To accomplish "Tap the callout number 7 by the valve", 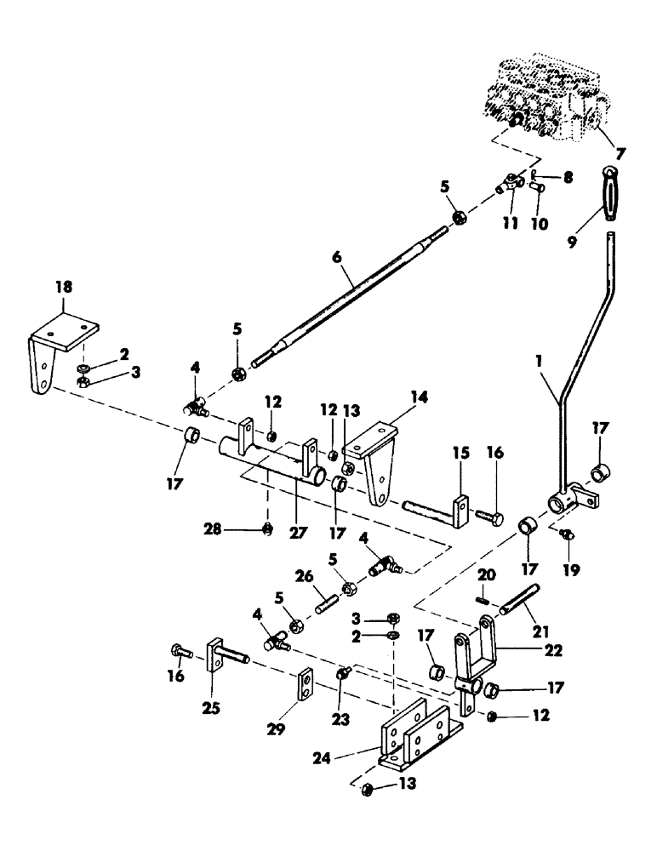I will tap(620, 153).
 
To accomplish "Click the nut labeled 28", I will tap(267, 528).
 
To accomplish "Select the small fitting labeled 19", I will tap(568, 534).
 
